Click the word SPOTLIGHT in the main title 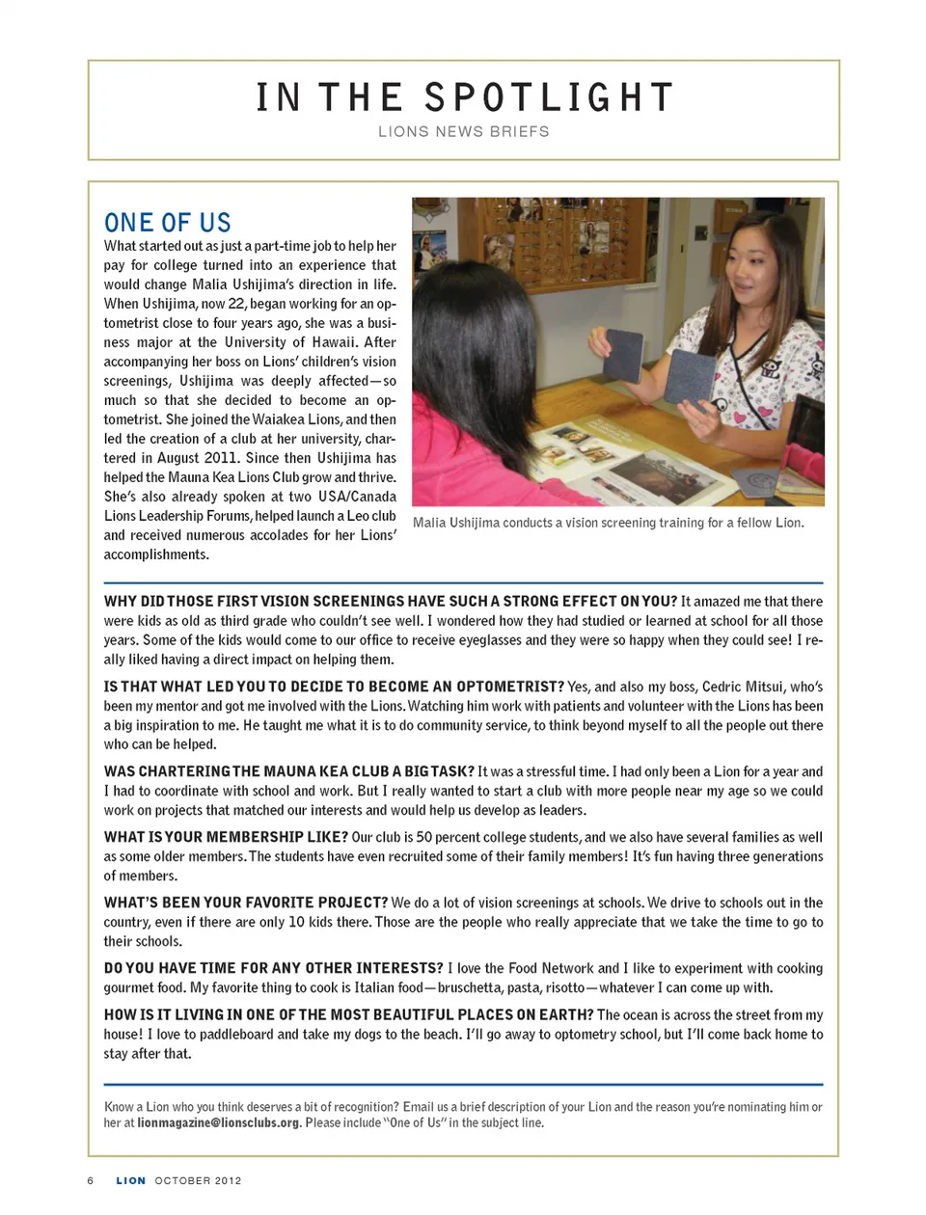[x=548, y=97]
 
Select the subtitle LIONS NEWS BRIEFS [x=463, y=131]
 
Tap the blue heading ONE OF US [x=168, y=223]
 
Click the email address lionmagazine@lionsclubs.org [x=218, y=1122]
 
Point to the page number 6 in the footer [x=91, y=1180]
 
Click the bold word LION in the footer [x=131, y=1180]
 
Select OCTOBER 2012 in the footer [x=198, y=1180]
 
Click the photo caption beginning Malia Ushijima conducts [x=608, y=523]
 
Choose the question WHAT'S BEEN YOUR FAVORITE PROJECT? [x=246, y=903]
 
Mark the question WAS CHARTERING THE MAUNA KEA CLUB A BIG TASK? [x=289, y=771]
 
